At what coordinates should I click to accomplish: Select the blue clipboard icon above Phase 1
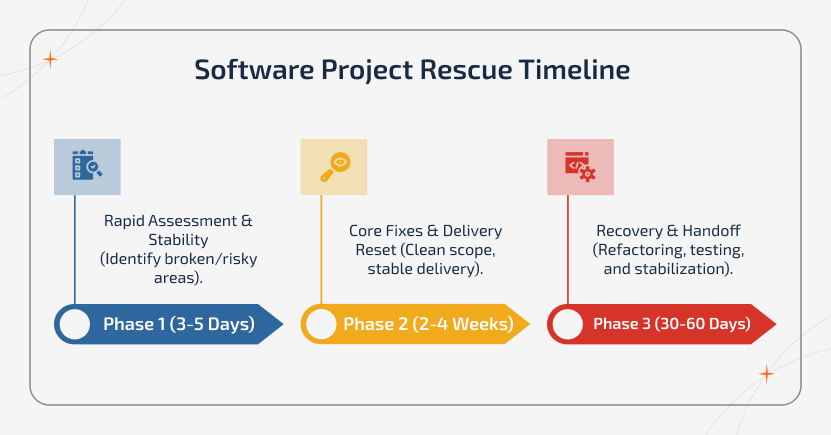pos(87,166)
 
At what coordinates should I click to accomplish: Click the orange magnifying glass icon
pos(334,166)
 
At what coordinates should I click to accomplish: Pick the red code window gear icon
pos(580,166)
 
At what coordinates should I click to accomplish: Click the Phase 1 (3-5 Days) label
pos(179,324)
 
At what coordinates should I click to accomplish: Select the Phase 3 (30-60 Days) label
pos(671,324)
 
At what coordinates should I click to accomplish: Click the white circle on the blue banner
pos(74,324)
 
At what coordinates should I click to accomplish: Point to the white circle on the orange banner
pos(321,324)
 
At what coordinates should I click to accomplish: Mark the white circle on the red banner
pos(567,324)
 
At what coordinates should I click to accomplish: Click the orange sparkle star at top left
pos(50,60)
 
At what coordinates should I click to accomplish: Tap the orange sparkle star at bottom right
pos(766,374)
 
